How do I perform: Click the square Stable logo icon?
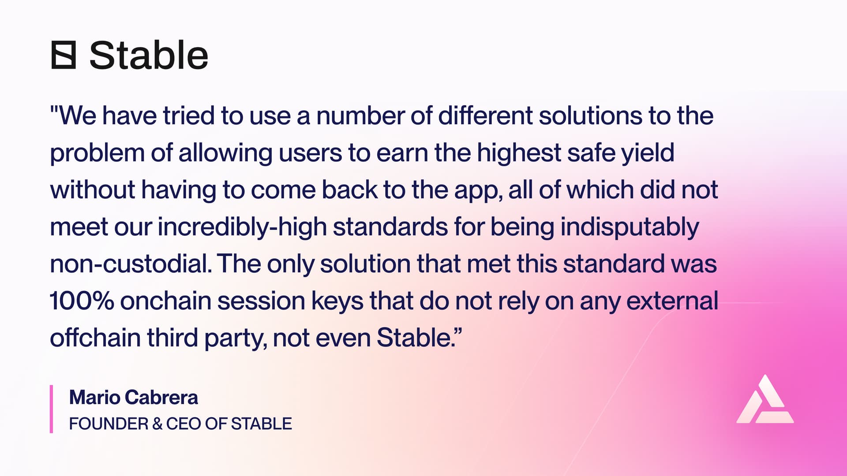click(64, 55)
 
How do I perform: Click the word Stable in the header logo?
click(149, 56)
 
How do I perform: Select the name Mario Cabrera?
click(133, 398)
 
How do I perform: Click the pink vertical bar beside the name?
click(52, 409)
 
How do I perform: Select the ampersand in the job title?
click(157, 424)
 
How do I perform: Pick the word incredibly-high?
click(242, 227)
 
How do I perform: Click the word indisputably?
click(630, 227)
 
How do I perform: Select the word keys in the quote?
click(337, 302)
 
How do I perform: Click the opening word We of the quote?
click(77, 115)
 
